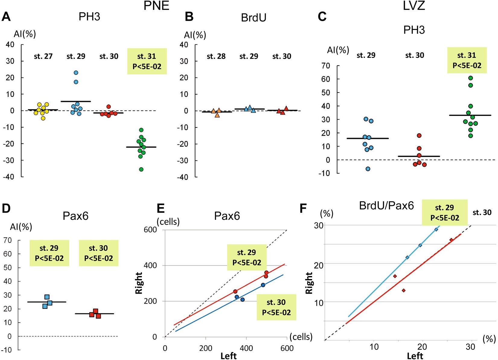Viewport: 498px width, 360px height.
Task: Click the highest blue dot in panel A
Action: click(76, 73)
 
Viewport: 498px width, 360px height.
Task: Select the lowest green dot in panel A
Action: click(141, 169)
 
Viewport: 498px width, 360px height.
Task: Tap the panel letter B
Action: click(189, 17)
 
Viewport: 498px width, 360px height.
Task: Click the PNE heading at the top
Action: click(156, 6)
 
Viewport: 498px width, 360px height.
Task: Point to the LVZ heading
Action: click(414, 6)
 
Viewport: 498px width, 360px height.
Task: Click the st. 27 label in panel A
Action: click(43, 56)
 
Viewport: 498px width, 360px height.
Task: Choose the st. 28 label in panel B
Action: click(216, 56)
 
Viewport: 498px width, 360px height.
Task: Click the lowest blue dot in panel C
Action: click(368, 169)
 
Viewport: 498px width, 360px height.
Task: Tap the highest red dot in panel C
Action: click(419, 136)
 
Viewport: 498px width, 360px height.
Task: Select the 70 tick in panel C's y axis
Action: click(326, 66)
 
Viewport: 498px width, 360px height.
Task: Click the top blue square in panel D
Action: click(47, 297)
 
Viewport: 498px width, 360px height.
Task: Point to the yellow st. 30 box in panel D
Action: click(98, 253)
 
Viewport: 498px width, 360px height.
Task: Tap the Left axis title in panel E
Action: click(228, 356)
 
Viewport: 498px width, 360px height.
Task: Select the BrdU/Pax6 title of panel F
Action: click(386, 206)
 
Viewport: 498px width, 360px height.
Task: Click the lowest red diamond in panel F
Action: click(404, 291)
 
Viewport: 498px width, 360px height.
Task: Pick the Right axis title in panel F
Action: click(309, 283)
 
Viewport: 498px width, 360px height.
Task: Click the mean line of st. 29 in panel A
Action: click(76, 101)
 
